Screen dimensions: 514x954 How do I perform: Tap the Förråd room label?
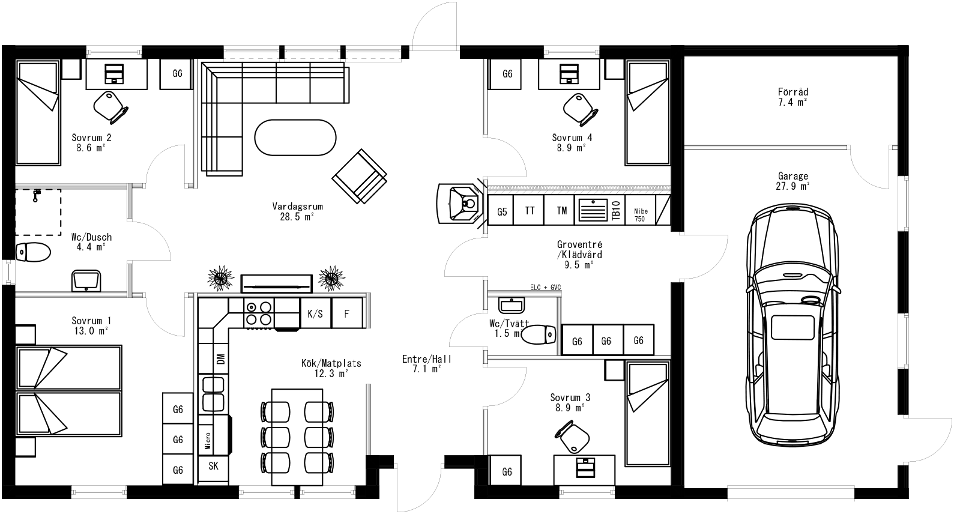[792, 92]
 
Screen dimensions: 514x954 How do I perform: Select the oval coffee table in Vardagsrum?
[295, 138]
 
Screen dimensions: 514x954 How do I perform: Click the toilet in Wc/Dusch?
[33, 252]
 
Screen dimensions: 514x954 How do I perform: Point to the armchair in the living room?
[360, 177]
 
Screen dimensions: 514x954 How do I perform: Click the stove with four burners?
[259, 313]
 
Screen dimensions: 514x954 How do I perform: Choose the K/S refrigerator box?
[315, 313]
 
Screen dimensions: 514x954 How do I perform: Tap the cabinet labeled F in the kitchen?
[347, 313]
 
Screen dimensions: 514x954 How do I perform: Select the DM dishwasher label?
[220, 359]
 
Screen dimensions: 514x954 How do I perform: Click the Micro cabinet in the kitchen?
[208, 441]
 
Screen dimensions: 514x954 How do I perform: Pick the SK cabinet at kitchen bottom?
[213, 466]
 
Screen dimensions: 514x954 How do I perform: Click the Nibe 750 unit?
[639, 215]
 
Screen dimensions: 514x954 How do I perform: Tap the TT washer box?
[530, 211]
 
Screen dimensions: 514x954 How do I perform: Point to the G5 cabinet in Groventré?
[502, 211]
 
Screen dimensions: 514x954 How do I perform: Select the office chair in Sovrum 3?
[572, 437]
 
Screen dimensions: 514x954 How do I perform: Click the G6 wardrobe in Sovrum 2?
[177, 74]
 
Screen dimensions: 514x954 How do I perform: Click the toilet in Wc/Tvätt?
[538, 334]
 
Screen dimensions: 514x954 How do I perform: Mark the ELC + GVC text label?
[545, 288]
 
